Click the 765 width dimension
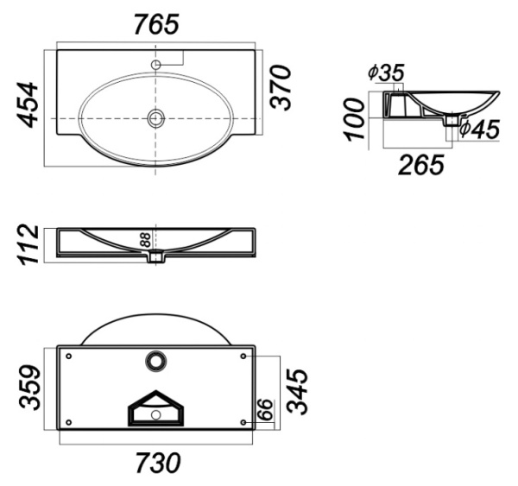[156, 24]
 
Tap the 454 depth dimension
[28, 104]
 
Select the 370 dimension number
[281, 87]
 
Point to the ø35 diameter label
[386, 73]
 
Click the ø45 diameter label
[480, 129]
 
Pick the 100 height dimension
[355, 119]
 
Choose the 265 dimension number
[421, 165]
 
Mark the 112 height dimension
[29, 245]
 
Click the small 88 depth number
[145, 240]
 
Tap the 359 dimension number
[29, 387]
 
